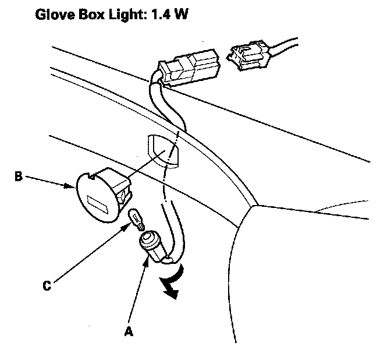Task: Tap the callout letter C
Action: point(49,286)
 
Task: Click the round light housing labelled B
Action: point(99,192)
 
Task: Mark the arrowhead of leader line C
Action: point(129,227)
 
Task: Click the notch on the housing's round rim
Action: point(92,174)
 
